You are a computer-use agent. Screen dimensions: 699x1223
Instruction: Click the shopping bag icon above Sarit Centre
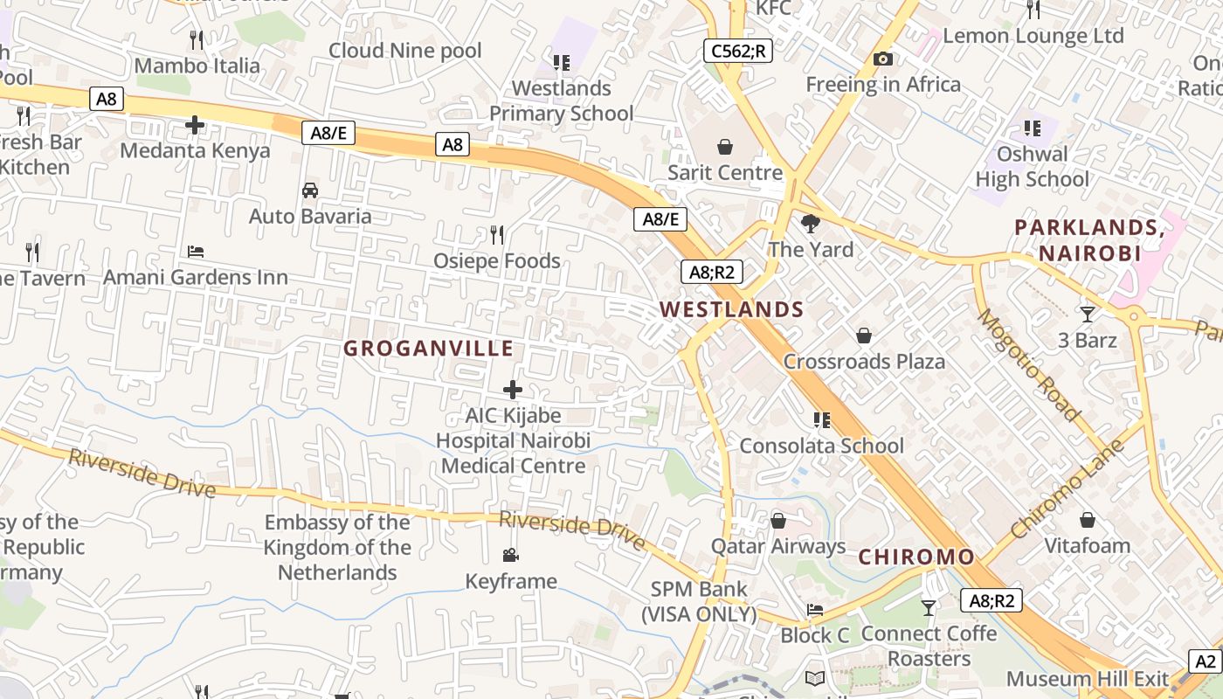(724, 146)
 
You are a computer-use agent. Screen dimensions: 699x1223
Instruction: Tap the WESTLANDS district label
(731, 309)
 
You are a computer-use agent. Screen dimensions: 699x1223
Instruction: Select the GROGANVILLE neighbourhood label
(428, 349)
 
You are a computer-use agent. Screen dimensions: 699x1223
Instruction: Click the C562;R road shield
(738, 51)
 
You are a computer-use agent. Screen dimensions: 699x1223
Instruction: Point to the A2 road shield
(1206, 661)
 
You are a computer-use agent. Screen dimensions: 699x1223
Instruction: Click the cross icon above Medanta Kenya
(195, 125)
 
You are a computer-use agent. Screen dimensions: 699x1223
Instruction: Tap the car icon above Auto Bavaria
(309, 190)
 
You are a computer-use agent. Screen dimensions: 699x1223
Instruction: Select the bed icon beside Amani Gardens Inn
(196, 252)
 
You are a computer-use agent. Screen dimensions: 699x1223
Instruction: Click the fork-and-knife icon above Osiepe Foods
(496, 235)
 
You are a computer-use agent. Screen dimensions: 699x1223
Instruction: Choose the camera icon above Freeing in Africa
(883, 59)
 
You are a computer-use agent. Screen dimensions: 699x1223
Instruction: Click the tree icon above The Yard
(811, 223)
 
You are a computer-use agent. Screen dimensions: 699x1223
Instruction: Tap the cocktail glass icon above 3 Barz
(1087, 314)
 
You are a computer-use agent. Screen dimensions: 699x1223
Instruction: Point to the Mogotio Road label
(1029, 365)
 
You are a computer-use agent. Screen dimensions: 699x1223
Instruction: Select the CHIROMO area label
(916, 557)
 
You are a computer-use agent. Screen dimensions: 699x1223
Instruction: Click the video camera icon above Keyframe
(510, 555)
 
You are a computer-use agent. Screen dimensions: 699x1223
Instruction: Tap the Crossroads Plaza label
(863, 362)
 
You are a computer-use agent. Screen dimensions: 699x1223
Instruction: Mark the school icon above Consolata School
(821, 420)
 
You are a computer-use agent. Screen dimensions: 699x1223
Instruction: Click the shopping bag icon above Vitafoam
(1087, 521)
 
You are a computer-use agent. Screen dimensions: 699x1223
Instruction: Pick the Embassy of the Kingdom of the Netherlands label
(337, 547)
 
